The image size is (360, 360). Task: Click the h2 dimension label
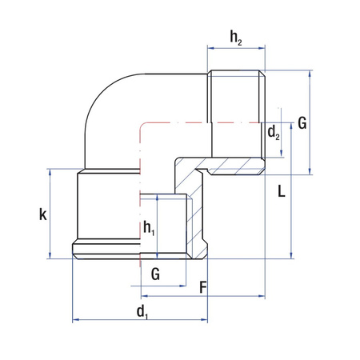coord(236,38)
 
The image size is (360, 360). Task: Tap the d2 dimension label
coord(274,133)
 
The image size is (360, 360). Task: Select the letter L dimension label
coord(282,190)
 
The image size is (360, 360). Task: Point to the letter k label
coord(43,214)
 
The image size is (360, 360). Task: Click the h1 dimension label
coord(149,228)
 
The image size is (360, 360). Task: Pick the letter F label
coord(203,287)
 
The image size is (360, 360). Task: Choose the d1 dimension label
coord(142,312)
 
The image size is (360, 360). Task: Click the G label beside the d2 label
coord(302,123)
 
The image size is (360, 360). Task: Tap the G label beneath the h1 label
coord(155,274)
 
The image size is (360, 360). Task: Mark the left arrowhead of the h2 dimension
coord(210,48)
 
